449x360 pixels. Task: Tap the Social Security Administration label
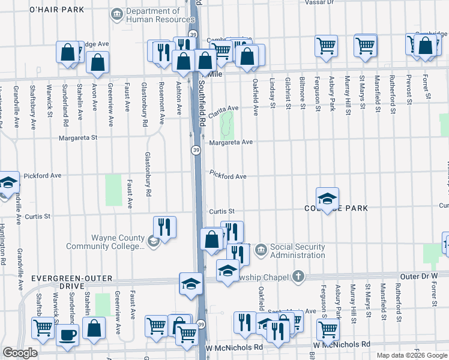pos(297,251)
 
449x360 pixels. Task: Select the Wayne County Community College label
pos(117,242)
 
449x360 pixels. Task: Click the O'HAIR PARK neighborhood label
pos(57,10)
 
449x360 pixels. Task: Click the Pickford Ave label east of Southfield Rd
pos(228,176)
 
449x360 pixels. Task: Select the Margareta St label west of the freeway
pos(78,137)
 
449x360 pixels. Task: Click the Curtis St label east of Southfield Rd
pos(221,211)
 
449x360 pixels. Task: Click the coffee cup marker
pos(67,334)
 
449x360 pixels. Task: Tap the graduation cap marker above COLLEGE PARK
pos(327,199)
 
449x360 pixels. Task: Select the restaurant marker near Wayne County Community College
pos(164,227)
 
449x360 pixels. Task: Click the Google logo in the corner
pos(20,353)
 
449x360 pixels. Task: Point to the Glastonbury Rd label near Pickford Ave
pos(147,175)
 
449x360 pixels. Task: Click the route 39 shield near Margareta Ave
pos(196,149)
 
